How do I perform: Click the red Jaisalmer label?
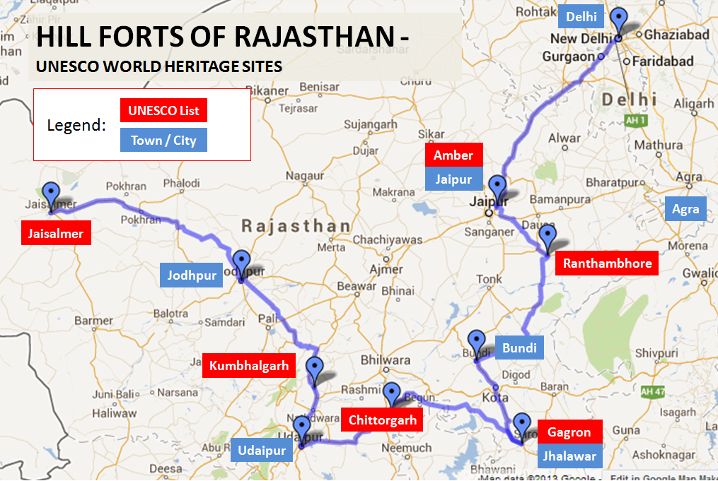[x=56, y=234]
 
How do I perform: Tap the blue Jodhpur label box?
[x=192, y=275]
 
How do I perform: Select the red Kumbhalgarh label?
[x=249, y=367]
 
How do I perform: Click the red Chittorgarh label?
[x=382, y=420]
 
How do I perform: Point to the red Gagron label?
[x=569, y=432]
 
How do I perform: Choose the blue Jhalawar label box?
[x=569, y=456]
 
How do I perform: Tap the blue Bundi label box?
[x=519, y=348]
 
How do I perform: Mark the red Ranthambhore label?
[x=607, y=264]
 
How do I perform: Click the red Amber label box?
[x=453, y=155]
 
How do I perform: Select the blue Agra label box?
[x=685, y=209]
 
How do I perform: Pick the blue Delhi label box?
[x=581, y=16]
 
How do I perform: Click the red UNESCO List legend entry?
[x=163, y=111]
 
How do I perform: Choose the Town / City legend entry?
[x=163, y=140]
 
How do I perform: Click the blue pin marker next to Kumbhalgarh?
[x=314, y=369]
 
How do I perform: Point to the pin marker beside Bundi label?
[x=476, y=342]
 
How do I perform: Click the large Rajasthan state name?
[x=296, y=227]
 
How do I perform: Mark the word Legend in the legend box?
[x=76, y=126]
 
